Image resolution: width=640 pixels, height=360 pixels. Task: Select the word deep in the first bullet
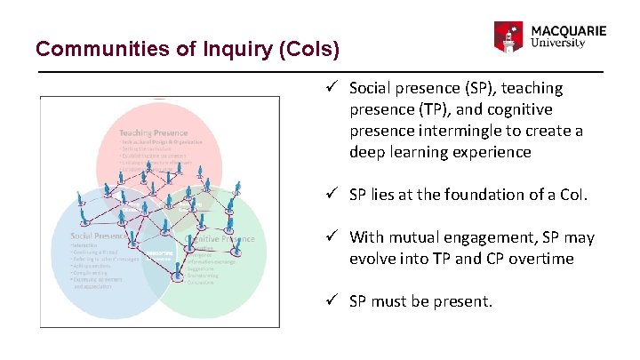pos(368,152)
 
